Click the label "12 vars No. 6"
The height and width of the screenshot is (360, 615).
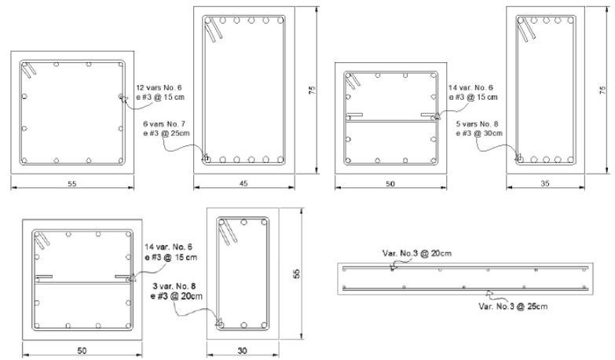(159, 87)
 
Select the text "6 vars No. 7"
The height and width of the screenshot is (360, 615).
(164, 124)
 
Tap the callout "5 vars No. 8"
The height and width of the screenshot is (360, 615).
(477, 124)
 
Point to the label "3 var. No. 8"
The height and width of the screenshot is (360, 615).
(174, 286)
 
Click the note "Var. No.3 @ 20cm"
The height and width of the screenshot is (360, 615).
(417, 253)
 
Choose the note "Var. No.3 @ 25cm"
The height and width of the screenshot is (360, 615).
(513, 307)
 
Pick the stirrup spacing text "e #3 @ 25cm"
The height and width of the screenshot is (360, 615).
(167, 134)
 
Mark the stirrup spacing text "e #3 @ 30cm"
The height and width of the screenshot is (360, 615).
(479, 134)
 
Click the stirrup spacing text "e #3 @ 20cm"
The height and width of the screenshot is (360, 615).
(177, 296)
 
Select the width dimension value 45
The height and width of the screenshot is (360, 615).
(243, 183)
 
